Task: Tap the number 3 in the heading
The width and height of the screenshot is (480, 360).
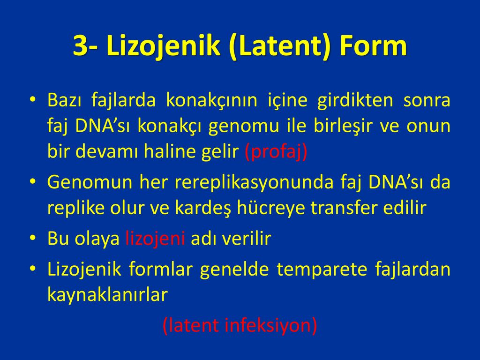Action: tap(81, 46)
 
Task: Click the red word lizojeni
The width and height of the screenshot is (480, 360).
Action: tap(155, 239)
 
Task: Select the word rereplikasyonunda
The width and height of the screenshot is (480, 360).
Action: tap(254, 182)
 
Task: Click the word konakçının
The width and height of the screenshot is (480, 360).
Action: tap(211, 100)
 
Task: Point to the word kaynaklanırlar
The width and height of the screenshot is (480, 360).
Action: tap(107, 295)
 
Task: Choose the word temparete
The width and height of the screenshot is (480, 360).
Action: tap(322, 270)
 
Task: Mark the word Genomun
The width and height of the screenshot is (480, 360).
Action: tap(90, 182)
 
